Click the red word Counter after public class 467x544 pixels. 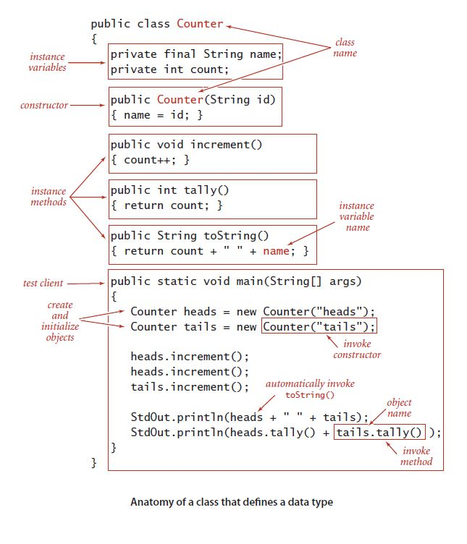201,23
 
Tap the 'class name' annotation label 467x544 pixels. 345,48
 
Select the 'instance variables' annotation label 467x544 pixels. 48,61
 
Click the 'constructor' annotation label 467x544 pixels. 44,106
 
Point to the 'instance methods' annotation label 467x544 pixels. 49,197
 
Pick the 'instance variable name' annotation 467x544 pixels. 357,216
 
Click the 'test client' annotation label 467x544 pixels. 43,284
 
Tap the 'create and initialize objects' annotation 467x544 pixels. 60,320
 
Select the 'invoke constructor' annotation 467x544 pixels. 357,349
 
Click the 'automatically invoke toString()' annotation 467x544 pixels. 311,389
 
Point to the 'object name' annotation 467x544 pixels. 399,408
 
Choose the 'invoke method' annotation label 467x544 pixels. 416,456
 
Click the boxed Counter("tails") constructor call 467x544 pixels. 319,327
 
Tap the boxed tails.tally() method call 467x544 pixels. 379,433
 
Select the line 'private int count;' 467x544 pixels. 169,69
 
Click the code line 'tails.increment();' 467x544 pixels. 189,387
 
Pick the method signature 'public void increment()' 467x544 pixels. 186,145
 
